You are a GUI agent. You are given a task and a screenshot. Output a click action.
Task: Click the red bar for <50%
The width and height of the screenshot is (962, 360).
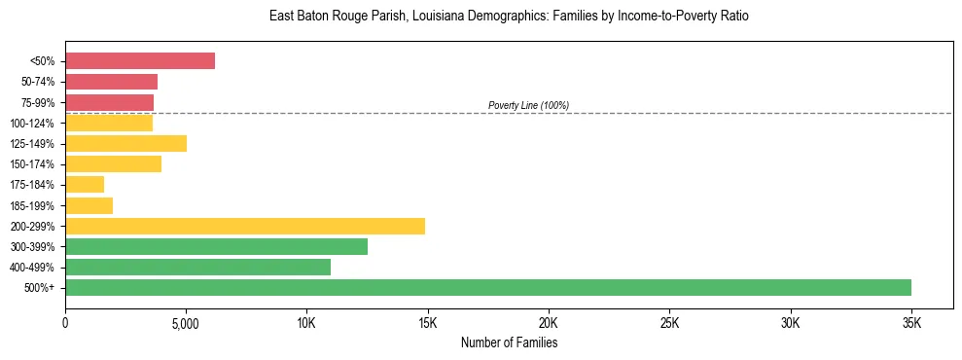(140, 61)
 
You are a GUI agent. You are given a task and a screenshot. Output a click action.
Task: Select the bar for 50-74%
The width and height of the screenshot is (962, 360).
(111, 82)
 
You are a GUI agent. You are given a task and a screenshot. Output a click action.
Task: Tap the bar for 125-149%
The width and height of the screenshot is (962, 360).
(125, 144)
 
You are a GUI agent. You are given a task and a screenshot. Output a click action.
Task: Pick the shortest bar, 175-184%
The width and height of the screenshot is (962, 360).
(85, 185)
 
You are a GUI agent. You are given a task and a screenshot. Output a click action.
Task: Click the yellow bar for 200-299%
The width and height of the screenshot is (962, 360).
(245, 227)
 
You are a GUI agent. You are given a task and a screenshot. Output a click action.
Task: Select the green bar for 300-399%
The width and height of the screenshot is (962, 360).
(216, 247)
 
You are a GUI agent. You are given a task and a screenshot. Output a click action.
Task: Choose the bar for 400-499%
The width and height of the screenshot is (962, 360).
(197, 268)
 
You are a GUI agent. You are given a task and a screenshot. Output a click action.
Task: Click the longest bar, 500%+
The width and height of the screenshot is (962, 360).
(488, 288)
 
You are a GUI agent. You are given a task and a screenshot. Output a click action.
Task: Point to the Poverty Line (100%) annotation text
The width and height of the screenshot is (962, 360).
(528, 105)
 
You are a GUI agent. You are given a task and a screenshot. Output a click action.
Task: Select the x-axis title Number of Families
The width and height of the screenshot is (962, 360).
(509, 342)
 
